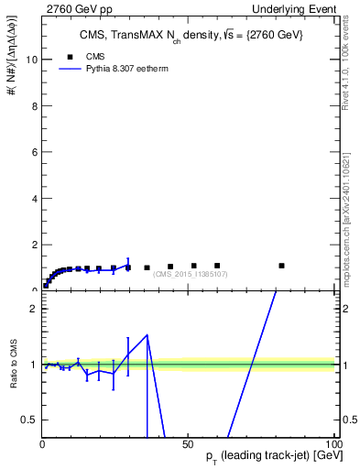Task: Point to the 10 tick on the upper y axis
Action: tap(32, 60)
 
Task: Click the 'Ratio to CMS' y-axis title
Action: tap(14, 365)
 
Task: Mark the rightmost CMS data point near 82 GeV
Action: tap(281, 266)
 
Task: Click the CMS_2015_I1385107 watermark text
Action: tap(191, 274)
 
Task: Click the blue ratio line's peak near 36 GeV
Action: tap(147, 335)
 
